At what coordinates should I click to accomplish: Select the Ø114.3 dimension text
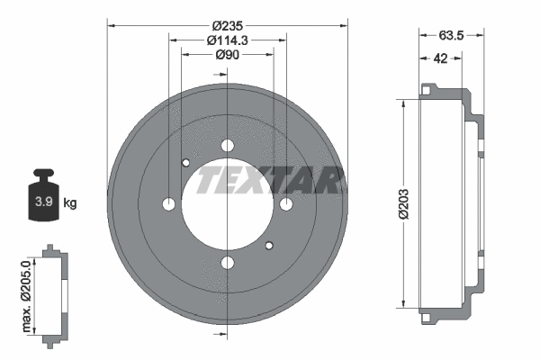(x=227, y=40)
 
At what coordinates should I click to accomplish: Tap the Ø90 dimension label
(x=227, y=56)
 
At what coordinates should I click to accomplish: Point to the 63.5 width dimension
(x=450, y=38)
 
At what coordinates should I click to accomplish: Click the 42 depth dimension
(x=440, y=59)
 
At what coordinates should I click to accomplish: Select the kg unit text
(x=70, y=203)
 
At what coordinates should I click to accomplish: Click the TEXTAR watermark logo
(x=268, y=180)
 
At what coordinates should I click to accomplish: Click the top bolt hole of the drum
(x=227, y=146)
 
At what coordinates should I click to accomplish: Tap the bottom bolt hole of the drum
(x=227, y=263)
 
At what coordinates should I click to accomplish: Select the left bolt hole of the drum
(x=168, y=204)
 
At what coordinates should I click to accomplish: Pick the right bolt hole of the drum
(x=286, y=204)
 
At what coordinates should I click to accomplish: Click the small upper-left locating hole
(x=185, y=163)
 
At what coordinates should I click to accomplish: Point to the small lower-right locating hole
(x=268, y=246)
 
